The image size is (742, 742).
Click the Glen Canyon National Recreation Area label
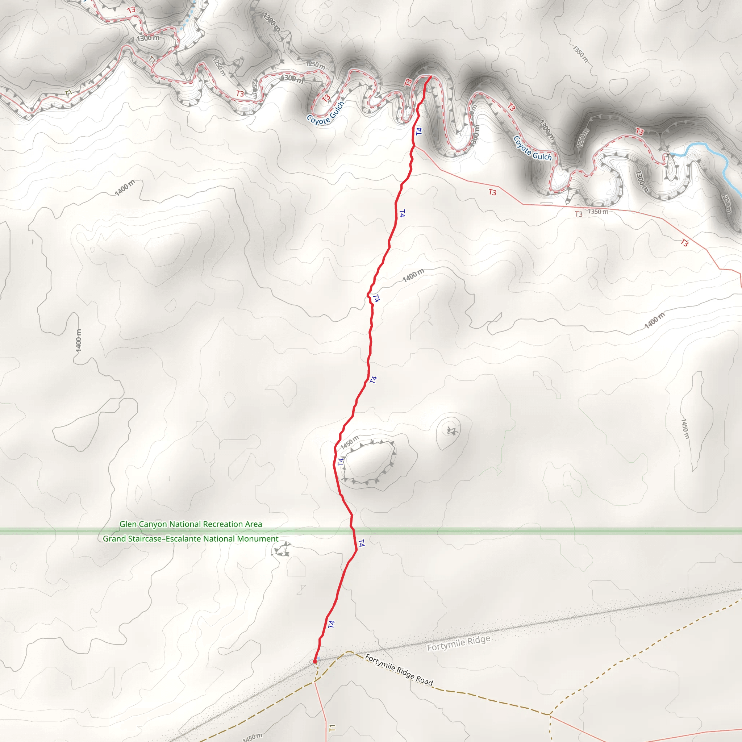[x=191, y=524]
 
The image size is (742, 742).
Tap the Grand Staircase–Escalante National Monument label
[x=191, y=539]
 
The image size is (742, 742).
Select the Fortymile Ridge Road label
[x=399, y=670]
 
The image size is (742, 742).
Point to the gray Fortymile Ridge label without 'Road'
[x=459, y=643]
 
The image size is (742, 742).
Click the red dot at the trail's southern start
[x=315, y=661]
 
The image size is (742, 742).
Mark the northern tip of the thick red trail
[x=430, y=77]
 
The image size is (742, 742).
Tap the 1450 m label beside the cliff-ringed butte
[x=350, y=442]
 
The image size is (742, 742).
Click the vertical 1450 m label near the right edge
[x=685, y=429]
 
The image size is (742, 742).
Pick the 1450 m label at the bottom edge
[x=252, y=737]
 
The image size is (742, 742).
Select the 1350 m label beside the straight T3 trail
[x=598, y=212]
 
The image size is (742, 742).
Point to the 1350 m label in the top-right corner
[x=580, y=54]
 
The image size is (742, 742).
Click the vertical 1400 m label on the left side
[x=79, y=340]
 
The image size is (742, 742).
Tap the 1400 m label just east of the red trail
[x=413, y=275]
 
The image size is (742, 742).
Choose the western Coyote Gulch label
[x=325, y=113]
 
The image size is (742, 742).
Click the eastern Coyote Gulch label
[x=532, y=148]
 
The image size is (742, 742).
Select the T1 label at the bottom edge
[x=332, y=728]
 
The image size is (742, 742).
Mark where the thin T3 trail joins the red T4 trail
[x=414, y=146]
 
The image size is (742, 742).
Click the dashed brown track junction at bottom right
[x=550, y=715]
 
